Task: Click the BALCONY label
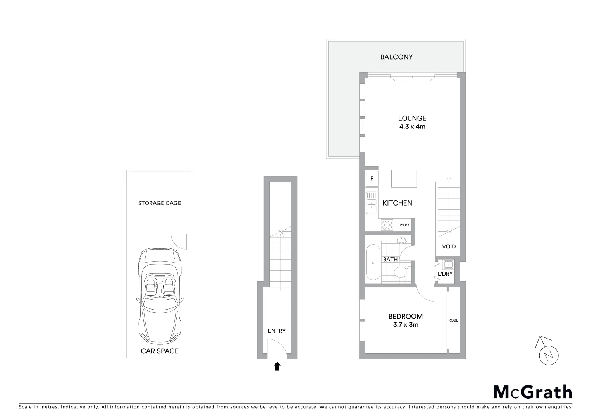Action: [396, 57]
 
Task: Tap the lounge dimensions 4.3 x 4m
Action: [412, 127]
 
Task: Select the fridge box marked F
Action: [372, 179]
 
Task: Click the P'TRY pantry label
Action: [404, 225]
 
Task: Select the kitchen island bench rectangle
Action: [404, 178]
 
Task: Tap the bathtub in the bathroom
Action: [373, 262]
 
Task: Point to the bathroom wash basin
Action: [401, 240]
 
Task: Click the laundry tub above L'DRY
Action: [448, 265]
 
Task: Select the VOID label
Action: [449, 247]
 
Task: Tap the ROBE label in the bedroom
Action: [453, 320]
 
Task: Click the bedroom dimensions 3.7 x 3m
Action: [406, 325]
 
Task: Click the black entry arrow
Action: [277, 366]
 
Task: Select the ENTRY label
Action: [277, 331]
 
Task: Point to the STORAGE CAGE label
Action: [160, 203]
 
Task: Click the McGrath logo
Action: [532, 392]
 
